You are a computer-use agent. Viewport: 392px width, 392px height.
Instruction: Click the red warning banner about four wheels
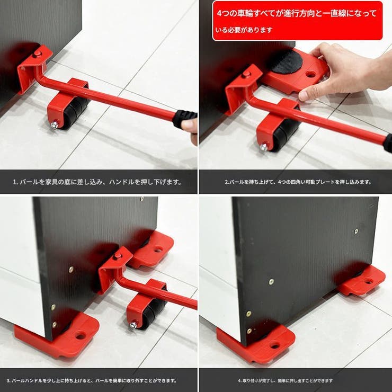pyautogui.click(x=297, y=20)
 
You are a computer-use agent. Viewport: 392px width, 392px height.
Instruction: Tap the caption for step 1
pyautogui.click(x=97, y=182)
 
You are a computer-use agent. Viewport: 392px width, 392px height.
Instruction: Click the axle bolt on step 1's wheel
pyautogui.click(x=54, y=125)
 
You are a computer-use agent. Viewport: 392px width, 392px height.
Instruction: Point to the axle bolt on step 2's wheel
pyautogui.click(x=263, y=147)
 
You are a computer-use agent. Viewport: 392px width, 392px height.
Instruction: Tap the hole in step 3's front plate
pyautogui.click(x=81, y=335)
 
